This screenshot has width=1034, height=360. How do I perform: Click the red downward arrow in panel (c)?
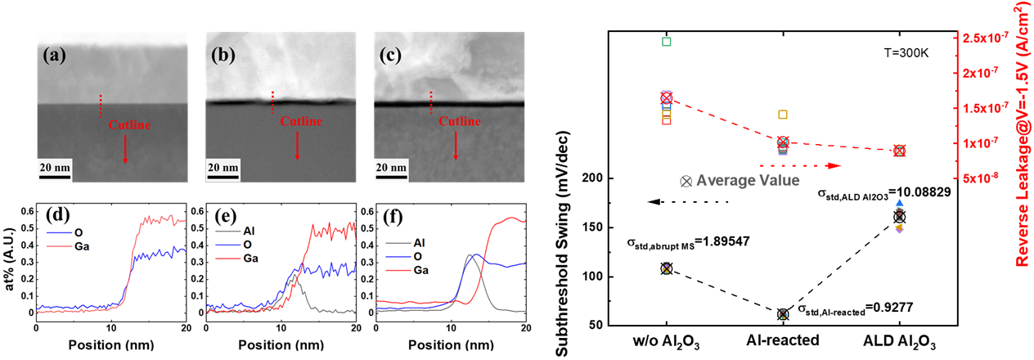pos(455,146)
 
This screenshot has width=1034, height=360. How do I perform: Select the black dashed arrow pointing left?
pos(686,201)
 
